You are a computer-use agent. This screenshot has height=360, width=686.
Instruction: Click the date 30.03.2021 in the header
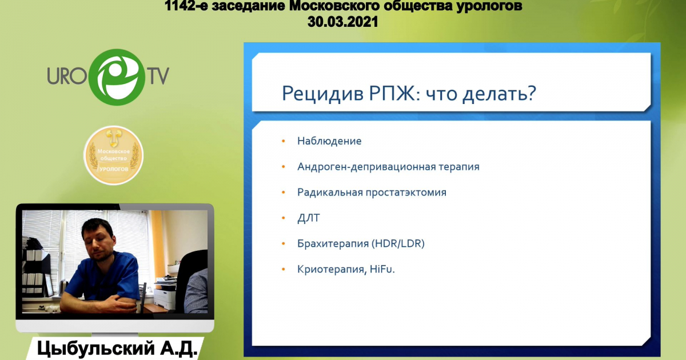(x=342, y=22)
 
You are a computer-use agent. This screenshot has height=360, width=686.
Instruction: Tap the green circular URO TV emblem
(x=117, y=77)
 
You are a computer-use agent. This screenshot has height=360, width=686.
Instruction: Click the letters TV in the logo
(x=159, y=76)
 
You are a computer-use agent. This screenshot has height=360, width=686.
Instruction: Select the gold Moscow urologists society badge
(x=114, y=155)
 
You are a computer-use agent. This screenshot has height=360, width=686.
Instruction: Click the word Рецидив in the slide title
(x=322, y=93)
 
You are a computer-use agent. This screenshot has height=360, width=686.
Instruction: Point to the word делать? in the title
(x=499, y=93)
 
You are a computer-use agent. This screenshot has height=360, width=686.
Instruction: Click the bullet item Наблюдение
(x=329, y=141)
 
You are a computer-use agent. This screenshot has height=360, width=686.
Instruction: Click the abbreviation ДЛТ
(x=308, y=218)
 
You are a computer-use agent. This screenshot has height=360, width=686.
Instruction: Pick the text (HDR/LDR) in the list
(x=398, y=243)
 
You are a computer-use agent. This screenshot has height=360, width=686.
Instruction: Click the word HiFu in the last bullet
(x=381, y=269)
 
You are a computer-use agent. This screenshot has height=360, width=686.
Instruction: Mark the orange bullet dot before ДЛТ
(x=284, y=218)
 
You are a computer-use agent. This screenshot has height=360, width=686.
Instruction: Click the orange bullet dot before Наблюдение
(x=284, y=141)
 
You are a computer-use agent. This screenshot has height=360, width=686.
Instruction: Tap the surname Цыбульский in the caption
(x=96, y=349)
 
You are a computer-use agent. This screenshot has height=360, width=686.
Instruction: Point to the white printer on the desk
(x=165, y=291)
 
